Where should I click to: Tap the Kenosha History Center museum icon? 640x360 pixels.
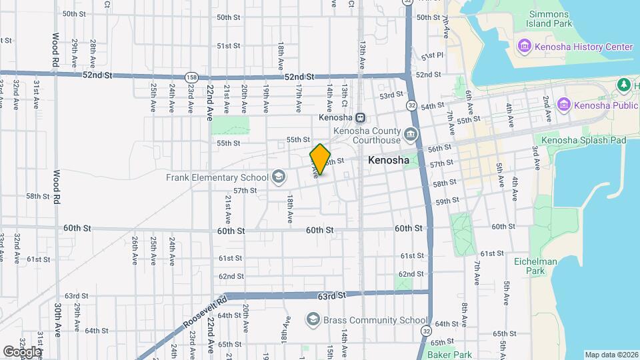point(524,47)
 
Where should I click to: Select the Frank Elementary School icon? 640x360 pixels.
point(278,177)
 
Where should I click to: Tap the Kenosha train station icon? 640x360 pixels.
point(360,118)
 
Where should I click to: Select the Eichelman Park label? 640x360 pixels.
point(535,266)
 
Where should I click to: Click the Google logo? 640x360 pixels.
point(22,351)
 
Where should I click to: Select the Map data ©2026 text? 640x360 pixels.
point(611,355)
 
